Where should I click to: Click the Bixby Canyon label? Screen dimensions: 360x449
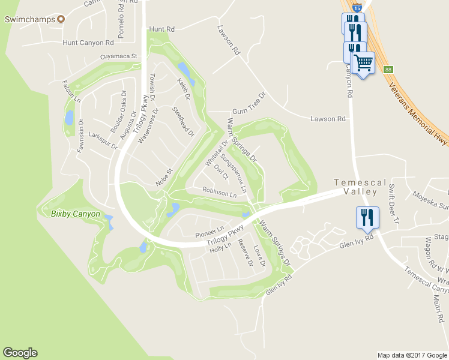pos(75,214)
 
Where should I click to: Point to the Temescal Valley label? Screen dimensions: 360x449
pos(355,187)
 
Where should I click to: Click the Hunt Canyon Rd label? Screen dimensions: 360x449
pos(88,43)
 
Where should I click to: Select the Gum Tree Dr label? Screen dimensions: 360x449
pos(249,104)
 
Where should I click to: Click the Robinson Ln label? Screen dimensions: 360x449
pos(220,193)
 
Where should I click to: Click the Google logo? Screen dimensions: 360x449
pos(20,353)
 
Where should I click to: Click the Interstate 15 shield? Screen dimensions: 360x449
pos(357,8)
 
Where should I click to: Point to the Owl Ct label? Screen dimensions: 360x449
pos(221,172)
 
